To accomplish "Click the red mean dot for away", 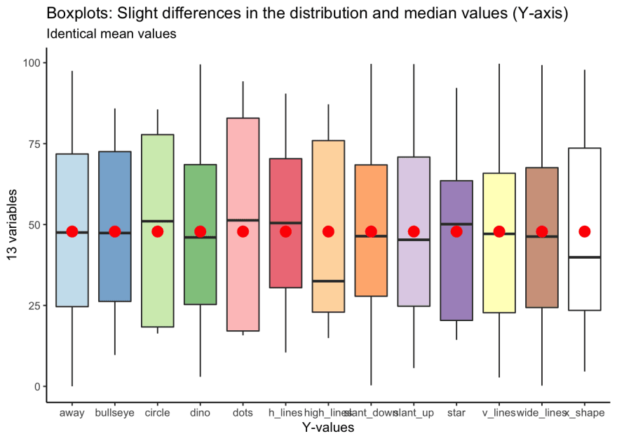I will coord(72,231).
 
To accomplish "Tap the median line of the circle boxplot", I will coord(158,221).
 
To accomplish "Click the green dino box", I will coord(201,273).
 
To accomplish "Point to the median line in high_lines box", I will coord(328,281).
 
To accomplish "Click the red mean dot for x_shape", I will coord(584,231).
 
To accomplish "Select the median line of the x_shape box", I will coord(584,257).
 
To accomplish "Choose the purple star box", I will coord(456,280).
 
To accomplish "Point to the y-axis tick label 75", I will coord(32,144).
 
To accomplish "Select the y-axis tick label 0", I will coord(36,386).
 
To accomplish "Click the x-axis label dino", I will coord(201,413).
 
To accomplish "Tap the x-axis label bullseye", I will coord(115,413).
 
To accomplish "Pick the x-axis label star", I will coord(456,413).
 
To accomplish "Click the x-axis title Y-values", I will coord(327,427).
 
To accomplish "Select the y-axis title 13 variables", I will coord(13,225).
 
